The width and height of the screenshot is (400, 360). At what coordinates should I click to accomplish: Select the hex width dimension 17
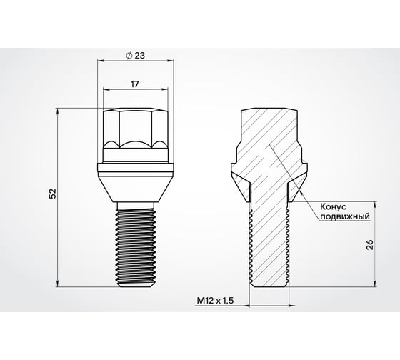(136, 84)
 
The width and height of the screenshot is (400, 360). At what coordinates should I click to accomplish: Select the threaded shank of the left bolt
(136, 243)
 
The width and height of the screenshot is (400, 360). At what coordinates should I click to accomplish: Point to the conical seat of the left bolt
(136, 187)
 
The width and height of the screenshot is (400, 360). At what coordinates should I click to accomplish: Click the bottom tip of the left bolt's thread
(136, 285)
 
